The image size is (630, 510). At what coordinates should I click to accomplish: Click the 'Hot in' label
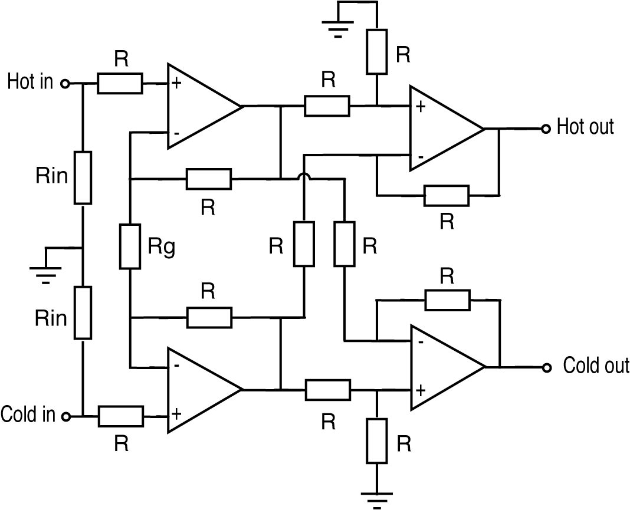tap(29, 82)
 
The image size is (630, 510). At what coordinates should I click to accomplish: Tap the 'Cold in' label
tap(28, 414)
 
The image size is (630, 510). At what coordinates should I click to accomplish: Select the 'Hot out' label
tap(585, 127)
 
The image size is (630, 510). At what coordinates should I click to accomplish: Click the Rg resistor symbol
tap(130, 246)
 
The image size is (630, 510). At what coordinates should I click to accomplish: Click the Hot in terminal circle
tap(65, 84)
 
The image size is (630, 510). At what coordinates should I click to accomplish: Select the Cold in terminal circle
tap(65, 416)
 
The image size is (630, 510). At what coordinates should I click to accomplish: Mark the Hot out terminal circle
tap(546, 129)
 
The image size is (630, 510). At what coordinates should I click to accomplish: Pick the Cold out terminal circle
tap(547, 367)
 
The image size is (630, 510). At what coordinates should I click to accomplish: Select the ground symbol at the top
tap(338, 27)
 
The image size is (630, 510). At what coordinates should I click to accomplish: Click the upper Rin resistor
tap(83, 177)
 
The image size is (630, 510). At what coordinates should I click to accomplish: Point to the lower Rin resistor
tap(83, 312)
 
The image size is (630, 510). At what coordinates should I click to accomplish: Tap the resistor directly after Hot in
tap(120, 84)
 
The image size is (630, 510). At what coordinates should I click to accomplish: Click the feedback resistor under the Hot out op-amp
tap(447, 196)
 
